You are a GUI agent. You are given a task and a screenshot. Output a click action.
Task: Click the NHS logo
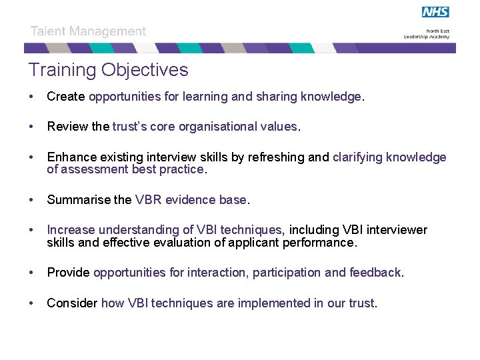[435, 12]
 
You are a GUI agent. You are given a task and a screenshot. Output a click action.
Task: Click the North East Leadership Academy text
[427, 34]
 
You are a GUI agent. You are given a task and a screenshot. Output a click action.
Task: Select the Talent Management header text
[88, 31]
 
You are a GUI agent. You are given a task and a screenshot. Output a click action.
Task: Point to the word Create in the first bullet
[65, 97]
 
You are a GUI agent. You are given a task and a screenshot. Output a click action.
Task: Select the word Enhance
[72, 157]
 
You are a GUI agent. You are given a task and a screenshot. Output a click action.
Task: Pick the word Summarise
[78, 200]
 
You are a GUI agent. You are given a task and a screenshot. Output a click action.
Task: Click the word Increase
[70, 230]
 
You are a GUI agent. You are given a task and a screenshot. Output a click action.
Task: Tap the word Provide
[69, 273]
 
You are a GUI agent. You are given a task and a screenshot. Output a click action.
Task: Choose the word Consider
[72, 303]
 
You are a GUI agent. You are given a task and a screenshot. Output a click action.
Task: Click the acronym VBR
[148, 200]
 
